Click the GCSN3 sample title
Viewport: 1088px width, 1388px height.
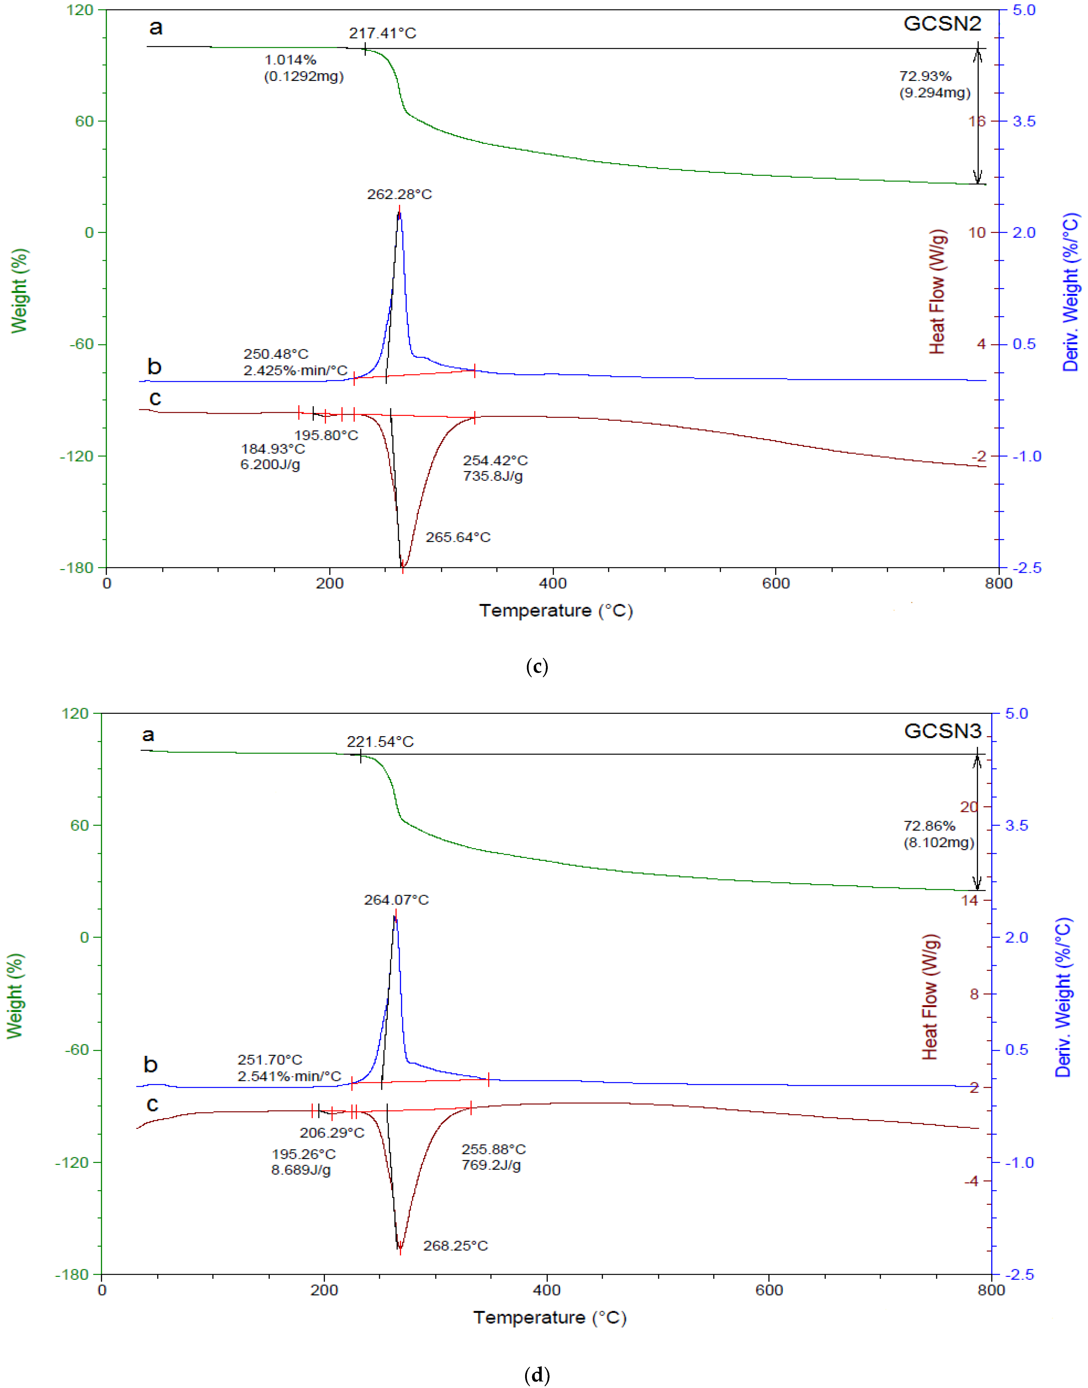tap(942, 731)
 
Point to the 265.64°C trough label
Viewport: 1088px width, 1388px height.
tap(458, 537)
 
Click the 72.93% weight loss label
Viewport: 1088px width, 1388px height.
tap(925, 76)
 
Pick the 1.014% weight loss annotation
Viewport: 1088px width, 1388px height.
tap(290, 60)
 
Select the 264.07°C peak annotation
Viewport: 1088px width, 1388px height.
tap(396, 900)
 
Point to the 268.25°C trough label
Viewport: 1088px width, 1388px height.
tap(456, 1245)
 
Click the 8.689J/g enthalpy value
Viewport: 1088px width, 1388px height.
tap(301, 1169)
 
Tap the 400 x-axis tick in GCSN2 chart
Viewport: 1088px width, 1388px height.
tap(552, 583)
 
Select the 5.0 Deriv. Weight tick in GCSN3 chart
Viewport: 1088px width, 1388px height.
tap(1016, 714)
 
